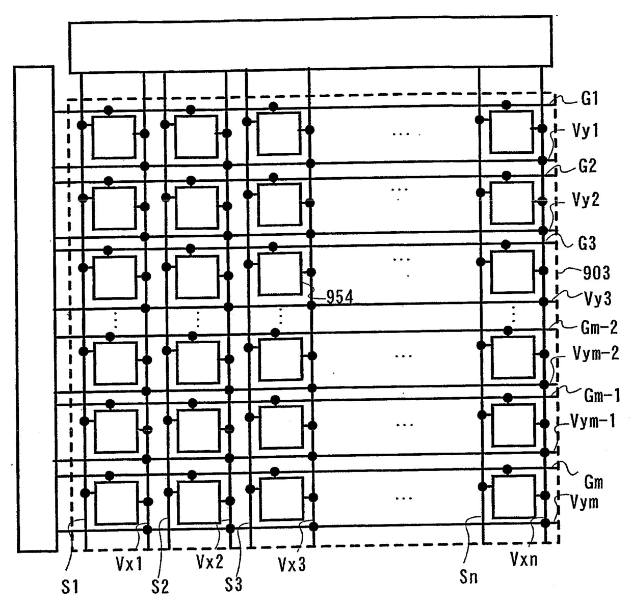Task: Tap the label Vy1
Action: (585, 131)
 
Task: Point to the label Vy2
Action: (586, 200)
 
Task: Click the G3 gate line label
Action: (587, 243)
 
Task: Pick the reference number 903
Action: (596, 273)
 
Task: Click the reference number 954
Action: (339, 297)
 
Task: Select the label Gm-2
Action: (599, 327)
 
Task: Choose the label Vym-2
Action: (595, 353)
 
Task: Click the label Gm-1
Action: (601, 395)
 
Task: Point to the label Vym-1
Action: (593, 421)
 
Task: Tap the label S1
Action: (70, 587)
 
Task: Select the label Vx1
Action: (129, 564)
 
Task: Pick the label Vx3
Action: (292, 564)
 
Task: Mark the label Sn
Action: (468, 577)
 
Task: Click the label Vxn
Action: (523, 559)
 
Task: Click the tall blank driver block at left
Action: (35, 309)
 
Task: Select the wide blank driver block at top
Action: (310, 45)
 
